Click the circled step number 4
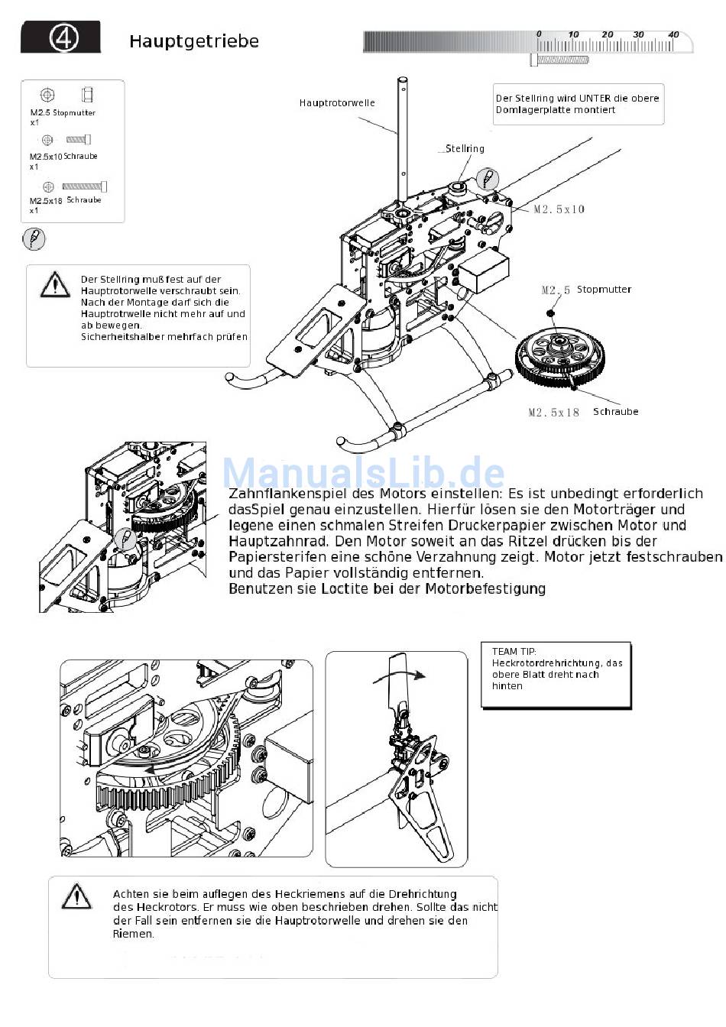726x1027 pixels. [63, 38]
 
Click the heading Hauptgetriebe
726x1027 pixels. [194, 41]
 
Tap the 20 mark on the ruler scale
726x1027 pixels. [608, 34]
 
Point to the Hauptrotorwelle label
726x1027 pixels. [337, 102]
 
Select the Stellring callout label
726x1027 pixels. [465, 148]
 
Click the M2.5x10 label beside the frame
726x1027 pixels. [559, 209]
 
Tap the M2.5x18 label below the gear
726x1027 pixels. [553, 412]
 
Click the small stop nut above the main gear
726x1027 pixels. [550, 313]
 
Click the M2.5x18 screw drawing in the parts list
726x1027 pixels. [84, 186]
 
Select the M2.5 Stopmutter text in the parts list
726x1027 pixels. [63, 112]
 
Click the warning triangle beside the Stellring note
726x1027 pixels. [55, 284]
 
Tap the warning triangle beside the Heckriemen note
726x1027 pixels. [76, 895]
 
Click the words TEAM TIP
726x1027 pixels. [514, 651]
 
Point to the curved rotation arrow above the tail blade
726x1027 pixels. [399, 675]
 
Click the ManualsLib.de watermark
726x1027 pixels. [363, 472]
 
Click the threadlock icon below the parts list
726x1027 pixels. [34, 239]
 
